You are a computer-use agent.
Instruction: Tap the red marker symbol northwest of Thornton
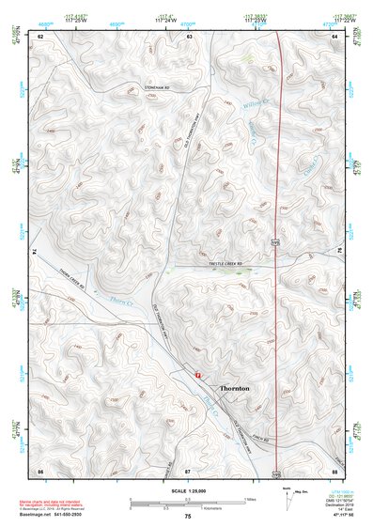tap(197, 374)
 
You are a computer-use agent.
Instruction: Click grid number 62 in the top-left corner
tap(40, 36)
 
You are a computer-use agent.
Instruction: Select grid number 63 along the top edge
tap(190, 36)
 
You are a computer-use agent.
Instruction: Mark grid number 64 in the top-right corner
tap(334, 36)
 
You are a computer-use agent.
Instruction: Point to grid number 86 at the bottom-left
tap(40, 469)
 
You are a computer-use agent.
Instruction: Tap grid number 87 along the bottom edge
tap(188, 469)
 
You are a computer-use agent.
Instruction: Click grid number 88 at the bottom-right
tap(334, 469)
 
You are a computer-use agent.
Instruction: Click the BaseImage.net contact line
tap(58, 513)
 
